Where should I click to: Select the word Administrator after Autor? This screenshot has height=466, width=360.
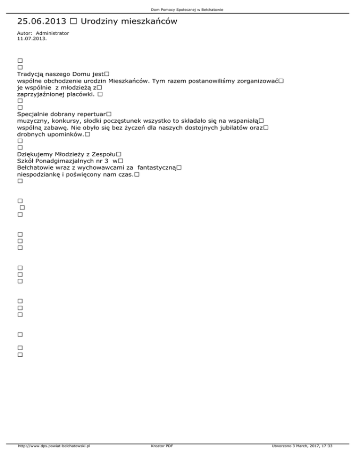[x=52, y=33]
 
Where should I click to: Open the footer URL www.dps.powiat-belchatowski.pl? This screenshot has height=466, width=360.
[x=53, y=459]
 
